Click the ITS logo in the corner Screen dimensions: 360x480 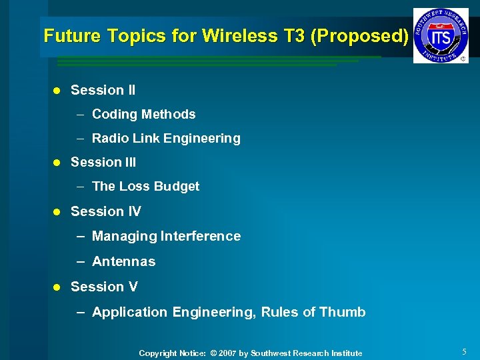pos(440,35)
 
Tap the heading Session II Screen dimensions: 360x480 pos(103,90)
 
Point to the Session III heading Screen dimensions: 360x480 pos(103,162)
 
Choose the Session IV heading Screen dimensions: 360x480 pos(105,211)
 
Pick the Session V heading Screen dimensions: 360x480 pos(104,287)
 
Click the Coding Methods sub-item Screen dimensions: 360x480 pos(143,114)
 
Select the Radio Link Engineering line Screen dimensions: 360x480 pos(166,139)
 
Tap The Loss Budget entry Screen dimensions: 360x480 pos(145,187)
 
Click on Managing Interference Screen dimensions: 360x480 pos(166,236)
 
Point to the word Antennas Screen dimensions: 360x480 pos(123,261)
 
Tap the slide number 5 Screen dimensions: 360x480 pos(464,351)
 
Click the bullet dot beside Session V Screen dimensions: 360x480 pos(57,287)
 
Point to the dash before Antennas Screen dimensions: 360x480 pos(80,261)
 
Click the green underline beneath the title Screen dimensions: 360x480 pos(213,61)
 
